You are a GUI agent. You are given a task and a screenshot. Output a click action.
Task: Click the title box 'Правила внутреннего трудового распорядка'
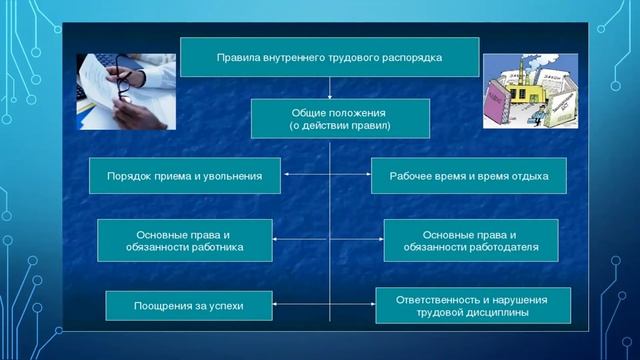pos(329,58)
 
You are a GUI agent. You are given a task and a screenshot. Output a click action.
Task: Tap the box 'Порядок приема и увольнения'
pos(185,176)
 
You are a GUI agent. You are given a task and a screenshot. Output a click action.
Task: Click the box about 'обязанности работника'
pos(184,240)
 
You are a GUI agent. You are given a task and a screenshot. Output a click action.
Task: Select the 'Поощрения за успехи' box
pos(189,305)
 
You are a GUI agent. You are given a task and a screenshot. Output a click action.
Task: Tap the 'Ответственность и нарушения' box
pos(473,305)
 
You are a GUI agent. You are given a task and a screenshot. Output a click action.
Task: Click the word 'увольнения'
pos(232,176)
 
